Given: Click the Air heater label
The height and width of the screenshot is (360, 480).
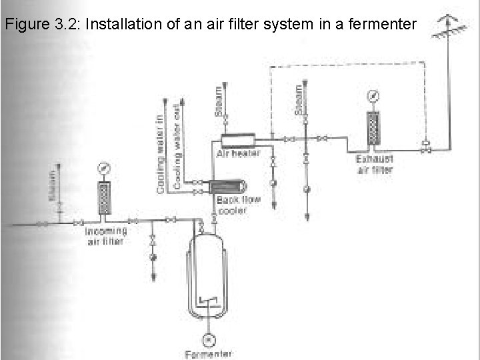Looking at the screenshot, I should pos(238,153).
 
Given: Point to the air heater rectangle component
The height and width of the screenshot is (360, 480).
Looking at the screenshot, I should pos(238,139).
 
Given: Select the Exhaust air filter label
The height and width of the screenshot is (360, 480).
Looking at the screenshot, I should pos(375,165).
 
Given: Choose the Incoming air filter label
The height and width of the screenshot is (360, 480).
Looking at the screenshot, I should pos(105,236).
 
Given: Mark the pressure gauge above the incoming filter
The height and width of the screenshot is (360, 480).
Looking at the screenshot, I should pos(103,167).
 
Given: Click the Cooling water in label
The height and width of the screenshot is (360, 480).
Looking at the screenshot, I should pos(161,153).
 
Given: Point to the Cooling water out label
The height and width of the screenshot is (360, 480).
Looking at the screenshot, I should pos(177,147).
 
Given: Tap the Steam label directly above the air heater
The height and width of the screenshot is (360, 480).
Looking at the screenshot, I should pos(219,101).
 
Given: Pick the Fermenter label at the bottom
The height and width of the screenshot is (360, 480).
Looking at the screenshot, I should pos(209,354).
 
